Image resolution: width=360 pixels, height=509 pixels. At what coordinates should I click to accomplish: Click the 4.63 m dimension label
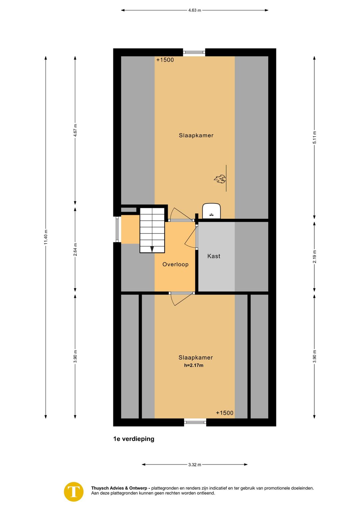click(194, 10)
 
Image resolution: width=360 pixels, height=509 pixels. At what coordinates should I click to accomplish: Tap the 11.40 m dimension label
click(46, 237)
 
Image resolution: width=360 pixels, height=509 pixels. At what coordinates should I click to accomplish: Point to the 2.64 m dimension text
click(75, 249)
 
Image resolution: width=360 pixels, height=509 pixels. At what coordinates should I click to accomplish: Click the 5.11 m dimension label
click(315, 137)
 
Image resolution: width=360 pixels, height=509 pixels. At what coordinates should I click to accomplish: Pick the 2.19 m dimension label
click(315, 257)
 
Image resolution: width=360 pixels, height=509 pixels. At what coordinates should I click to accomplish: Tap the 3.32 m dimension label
click(195, 465)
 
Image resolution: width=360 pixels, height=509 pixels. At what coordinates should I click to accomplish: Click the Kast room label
click(214, 256)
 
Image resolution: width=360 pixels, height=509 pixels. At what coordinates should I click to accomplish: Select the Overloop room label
click(175, 264)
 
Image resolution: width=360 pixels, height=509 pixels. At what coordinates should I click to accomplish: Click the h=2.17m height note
click(194, 365)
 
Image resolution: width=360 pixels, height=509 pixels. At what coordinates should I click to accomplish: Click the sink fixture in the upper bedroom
click(212, 211)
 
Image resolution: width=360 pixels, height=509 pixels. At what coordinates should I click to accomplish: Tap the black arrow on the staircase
click(152, 249)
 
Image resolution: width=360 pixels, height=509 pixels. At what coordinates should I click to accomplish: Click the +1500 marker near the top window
click(165, 60)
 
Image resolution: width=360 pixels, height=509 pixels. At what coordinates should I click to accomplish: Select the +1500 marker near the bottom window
click(225, 413)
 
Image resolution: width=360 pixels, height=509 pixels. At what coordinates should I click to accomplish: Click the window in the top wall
click(194, 52)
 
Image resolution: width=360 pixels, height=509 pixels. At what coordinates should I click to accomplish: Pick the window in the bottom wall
click(195, 422)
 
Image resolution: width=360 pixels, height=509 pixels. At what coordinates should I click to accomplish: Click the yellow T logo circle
click(74, 492)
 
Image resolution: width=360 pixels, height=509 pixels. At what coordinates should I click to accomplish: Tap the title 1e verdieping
click(134, 439)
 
